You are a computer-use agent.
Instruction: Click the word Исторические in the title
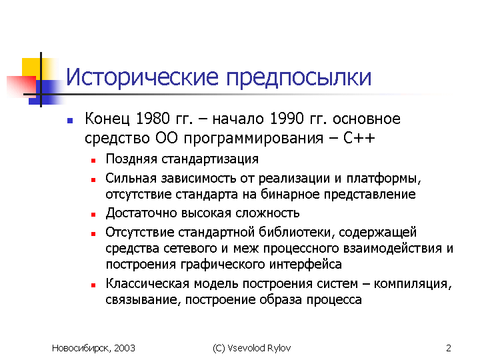(x=143, y=77)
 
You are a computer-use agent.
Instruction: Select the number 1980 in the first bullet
(x=153, y=119)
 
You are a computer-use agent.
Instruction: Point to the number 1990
(x=287, y=119)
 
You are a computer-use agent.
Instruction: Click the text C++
(x=359, y=138)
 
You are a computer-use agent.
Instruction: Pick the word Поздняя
(x=131, y=159)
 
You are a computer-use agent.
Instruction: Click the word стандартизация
(x=210, y=160)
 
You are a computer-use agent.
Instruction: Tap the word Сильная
(x=131, y=178)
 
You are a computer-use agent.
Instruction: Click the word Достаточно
(x=141, y=213)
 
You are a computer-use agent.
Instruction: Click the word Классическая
(x=147, y=283)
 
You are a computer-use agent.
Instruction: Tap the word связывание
(x=141, y=300)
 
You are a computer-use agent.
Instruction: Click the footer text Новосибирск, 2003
(x=93, y=348)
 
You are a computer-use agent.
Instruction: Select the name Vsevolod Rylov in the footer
(x=259, y=348)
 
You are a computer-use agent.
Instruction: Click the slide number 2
(x=449, y=348)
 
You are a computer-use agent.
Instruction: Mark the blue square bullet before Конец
(x=70, y=121)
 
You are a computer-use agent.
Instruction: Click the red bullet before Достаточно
(x=93, y=215)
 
